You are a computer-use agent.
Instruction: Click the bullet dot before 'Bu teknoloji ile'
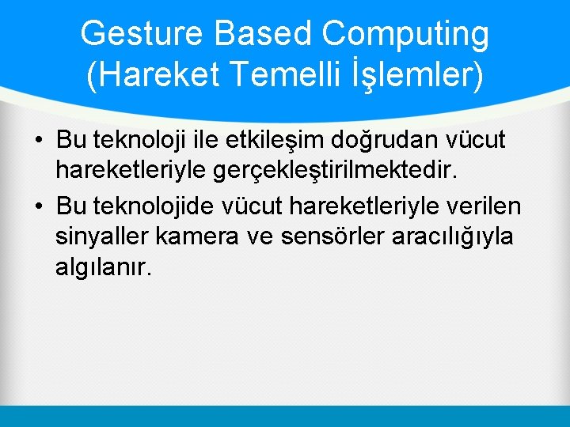[x=38, y=142]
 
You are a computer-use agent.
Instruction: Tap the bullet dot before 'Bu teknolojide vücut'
[x=38, y=208]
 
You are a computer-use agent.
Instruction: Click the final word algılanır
[x=102, y=267]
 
